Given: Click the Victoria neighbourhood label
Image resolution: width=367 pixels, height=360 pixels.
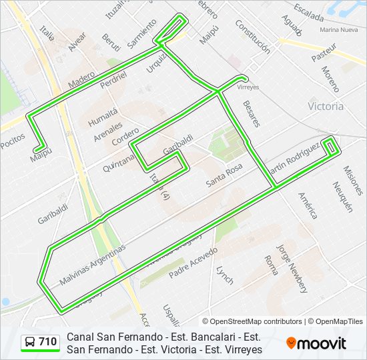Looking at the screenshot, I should coord(326,106).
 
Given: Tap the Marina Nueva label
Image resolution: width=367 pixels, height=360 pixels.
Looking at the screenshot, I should coord(339,30).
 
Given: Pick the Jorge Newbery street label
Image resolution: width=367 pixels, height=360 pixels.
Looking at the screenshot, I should coord(293,268).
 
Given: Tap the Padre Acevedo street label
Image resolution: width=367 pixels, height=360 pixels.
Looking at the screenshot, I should coord(194,263).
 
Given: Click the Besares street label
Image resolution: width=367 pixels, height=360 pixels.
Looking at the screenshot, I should coord(252,114).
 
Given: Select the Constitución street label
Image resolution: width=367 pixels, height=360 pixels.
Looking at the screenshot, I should coord(253,36).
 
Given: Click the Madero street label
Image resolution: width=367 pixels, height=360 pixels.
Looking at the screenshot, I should coord(81,80).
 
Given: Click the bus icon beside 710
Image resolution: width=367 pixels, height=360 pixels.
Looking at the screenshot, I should coord(31,342).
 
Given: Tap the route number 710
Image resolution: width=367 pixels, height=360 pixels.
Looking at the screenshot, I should coord(48,342).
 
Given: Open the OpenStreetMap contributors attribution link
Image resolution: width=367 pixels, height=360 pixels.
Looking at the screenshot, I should coord(256,321).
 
